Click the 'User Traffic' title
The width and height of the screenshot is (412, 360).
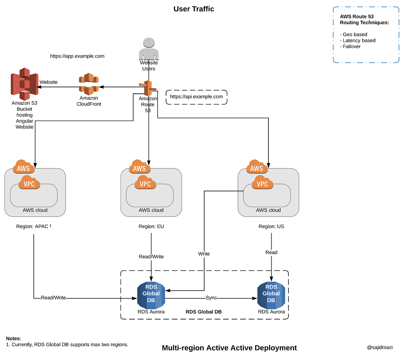tap(194, 9)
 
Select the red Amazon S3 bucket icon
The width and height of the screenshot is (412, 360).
tap(24, 84)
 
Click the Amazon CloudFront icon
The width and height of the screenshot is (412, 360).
tap(89, 84)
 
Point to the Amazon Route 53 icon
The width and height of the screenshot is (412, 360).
tap(148, 88)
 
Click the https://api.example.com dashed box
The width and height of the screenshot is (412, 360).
tap(196, 97)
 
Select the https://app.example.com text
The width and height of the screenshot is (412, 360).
tap(77, 56)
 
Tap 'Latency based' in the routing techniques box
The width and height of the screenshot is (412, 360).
tap(359, 41)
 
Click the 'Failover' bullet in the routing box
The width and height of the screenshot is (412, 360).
tap(351, 46)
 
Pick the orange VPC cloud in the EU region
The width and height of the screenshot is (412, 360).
tap(145, 183)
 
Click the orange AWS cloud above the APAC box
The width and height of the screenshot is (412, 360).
tap(23, 167)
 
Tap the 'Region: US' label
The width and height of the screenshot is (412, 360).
tap(271, 226)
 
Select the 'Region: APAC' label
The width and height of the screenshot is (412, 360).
tap(33, 226)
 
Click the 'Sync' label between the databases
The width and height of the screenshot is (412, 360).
tap(211, 297)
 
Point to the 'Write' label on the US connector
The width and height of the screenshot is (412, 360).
tap(204, 254)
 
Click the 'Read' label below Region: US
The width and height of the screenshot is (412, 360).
tap(271, 252)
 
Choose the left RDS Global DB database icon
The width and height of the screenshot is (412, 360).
tap(151, 295)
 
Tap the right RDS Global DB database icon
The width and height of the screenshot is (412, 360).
tap(271, 295)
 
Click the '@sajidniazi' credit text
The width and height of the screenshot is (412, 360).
tap(380, 347)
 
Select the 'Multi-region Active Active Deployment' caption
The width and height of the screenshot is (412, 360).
tap(229, 348)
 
